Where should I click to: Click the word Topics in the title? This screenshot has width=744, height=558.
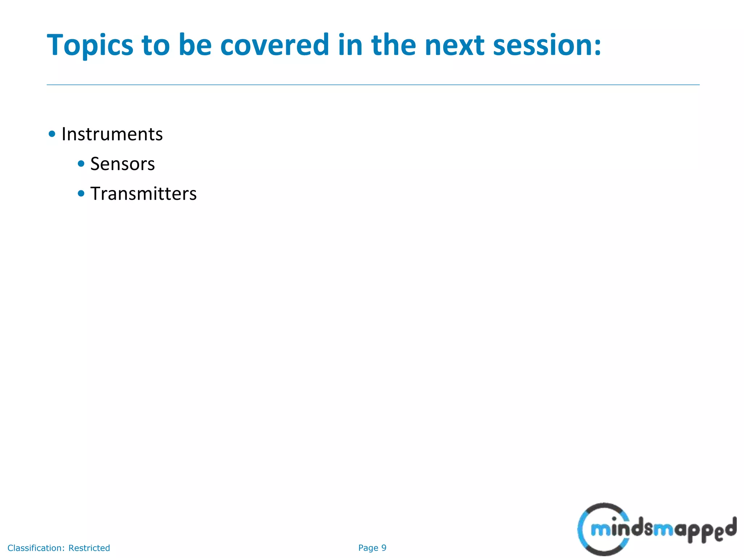90,45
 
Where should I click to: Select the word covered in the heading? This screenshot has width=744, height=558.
275,45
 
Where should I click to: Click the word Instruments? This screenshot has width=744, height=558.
112,134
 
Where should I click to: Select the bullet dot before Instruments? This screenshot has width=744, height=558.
52,134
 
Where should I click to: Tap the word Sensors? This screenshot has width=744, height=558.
122,164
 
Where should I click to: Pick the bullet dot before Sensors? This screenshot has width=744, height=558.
81,164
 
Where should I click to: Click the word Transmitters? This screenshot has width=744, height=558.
143,194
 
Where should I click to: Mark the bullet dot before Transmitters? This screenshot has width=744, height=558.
81,194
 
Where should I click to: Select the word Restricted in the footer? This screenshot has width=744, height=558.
89,548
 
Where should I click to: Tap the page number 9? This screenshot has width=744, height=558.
384,548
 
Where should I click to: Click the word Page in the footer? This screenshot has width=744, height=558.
368,548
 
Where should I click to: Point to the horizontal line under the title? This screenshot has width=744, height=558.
373,85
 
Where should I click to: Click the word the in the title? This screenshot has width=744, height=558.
393,45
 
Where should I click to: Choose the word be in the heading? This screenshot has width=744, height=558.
195,45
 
